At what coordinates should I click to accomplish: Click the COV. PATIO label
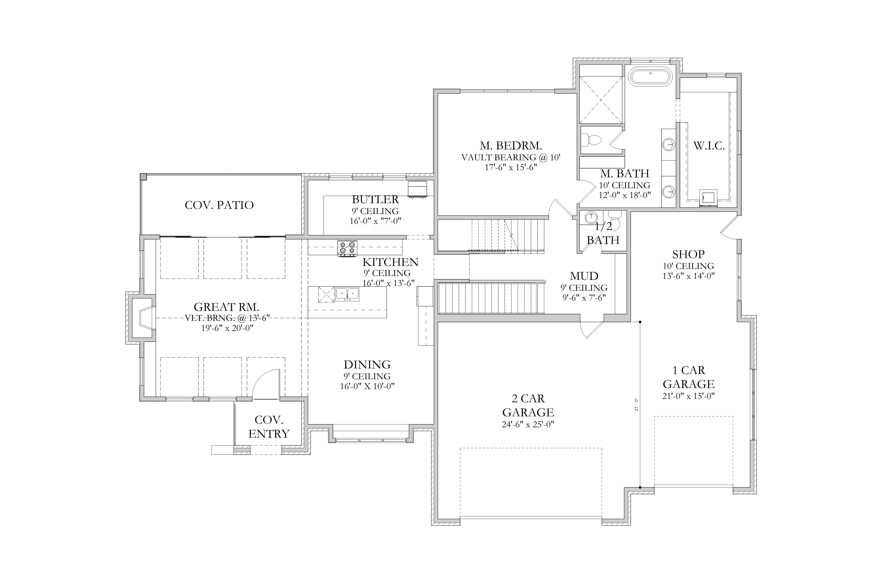point(219,205)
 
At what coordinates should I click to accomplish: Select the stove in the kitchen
point(347,248)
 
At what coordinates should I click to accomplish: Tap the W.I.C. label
point(709,146)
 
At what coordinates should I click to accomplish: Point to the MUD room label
point(584,276)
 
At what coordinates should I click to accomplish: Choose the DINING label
point(367,364)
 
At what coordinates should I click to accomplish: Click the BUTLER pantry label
point(375,199)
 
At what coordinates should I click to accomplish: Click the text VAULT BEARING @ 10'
point(510,157)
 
